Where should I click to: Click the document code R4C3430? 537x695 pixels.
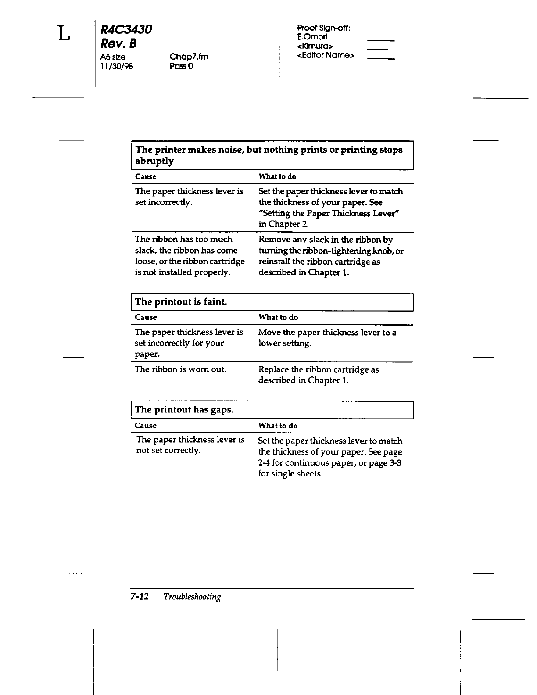(x=126, y=29)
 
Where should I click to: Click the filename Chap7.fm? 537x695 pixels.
(x=189, y=57)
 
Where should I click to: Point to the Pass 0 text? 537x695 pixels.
(x=181, y=66)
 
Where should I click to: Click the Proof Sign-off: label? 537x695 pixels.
(x=323, y=28)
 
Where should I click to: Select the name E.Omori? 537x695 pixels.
(x=312, y=37)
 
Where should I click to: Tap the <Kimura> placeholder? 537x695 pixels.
(x=315, y=46)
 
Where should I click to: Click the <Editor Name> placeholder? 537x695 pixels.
(x=326, y=55)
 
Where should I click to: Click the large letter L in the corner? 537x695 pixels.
(x=64, y=33)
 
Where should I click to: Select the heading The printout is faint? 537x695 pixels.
(x=181, y=302)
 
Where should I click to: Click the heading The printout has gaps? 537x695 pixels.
(x=184, y=410)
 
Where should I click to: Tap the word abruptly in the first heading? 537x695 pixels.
(x=154, y=161)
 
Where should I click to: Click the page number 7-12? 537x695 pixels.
(x=140, y=597)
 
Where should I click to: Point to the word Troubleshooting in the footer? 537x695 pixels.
(x=192, y=597)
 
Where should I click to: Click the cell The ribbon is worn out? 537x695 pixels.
(x=180, y=369)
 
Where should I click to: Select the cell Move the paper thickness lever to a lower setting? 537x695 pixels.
(x=327, y=338)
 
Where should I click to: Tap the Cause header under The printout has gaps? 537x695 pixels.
(x=146, y=426)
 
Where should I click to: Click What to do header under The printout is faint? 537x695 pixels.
(x=278, y=317)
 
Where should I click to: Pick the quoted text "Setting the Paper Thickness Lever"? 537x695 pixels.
(x=329, y=214)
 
